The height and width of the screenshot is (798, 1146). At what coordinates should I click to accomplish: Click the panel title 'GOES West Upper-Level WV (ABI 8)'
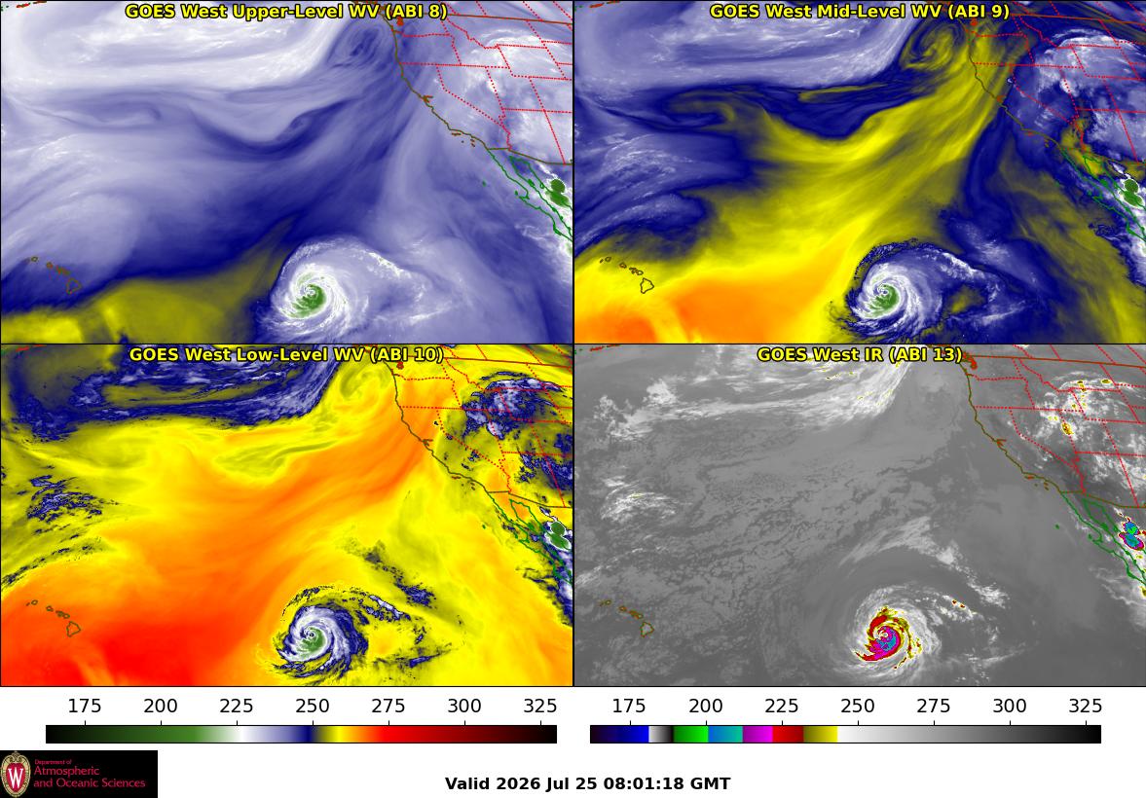(285, 11)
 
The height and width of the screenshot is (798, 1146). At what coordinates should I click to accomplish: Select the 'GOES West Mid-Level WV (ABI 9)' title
(860, 11)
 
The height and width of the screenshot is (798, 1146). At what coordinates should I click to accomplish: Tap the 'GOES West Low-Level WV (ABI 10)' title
(285, 354)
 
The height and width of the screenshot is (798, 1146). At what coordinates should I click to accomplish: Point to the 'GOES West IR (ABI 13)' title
(860, 354)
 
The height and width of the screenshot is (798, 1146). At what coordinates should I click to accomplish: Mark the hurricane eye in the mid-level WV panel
(885, 295)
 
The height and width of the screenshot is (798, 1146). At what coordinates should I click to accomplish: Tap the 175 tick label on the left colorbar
(85, 706)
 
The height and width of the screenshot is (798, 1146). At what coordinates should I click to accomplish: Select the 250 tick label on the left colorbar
(313, 706)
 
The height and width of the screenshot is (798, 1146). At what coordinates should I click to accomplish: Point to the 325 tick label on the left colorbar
(540, 706)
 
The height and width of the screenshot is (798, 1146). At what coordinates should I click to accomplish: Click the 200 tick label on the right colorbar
(705, 706)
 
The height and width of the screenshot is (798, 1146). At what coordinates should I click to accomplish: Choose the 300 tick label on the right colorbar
(1010, 706)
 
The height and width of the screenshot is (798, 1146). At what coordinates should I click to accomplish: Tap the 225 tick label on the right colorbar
(781, 706)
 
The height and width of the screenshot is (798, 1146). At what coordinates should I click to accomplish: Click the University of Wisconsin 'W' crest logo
(16, 774)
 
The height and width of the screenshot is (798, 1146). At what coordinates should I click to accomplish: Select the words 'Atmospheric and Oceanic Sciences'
(90, 777)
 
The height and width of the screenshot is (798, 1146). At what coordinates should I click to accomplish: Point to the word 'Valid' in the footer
(467, 784)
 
